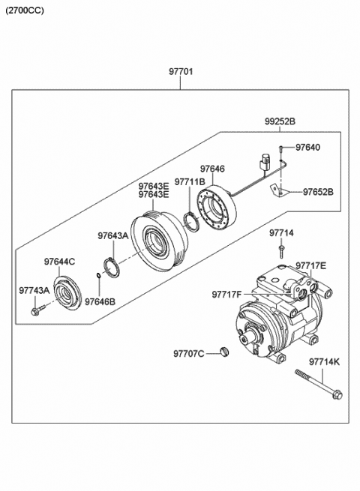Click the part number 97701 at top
pyautogui.click(x=181, y=71)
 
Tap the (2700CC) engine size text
pyautogui.click(x=25, y=10)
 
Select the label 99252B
pyautogui.click(x=280, y=121)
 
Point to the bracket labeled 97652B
pyautogui.click(x=277, y=190)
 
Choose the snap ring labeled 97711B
pyautogui.click(x=190, y=222)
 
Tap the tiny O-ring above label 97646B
pyautogui.click(x=98, y=275)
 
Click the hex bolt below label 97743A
pyautogui.click(x=37, y=310)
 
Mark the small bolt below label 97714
pyautogui.click(x=281, y=252)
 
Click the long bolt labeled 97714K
pyautogui.click(x=319, y=385)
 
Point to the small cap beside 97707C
pyautogui.click(x=224, y=352)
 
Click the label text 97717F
pyautogui.click(x=226, y=295)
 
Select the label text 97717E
pyautogui.click(x=310, y=266)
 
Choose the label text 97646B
pyautogui.click(x=100, y=302)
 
